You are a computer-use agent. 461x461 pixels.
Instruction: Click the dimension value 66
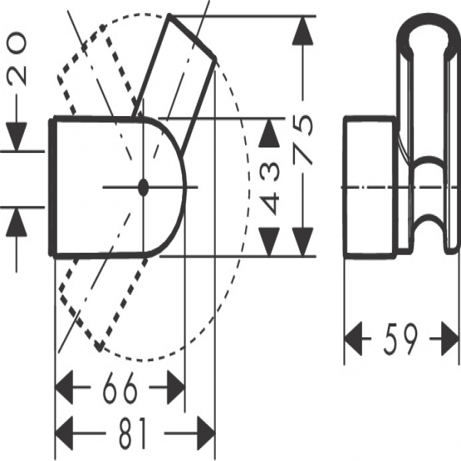tap(120, 389)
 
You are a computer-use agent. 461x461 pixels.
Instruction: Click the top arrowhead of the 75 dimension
tap(306, 31)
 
